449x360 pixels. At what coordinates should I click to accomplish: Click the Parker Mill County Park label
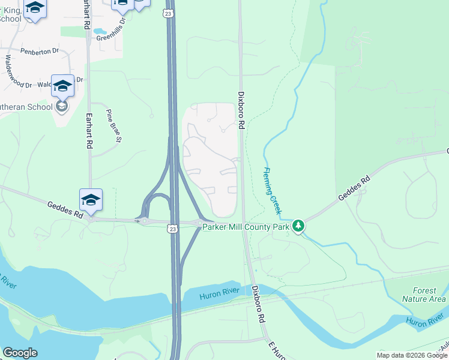tap(246, 226)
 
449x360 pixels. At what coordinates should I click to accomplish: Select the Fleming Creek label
tap(271, 190)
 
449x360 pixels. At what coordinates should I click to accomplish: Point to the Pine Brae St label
tap(113, 126)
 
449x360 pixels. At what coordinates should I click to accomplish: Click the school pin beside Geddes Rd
tap(91, 200)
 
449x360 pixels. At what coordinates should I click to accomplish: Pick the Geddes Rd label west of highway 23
tap(65, 209)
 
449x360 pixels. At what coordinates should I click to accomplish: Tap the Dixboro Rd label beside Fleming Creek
tap(241, 110)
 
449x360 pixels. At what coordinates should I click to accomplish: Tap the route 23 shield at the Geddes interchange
tap(173, 229)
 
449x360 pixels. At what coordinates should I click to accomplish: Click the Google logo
tap(20, 352)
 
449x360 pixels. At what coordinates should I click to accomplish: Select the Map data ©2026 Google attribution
tap(411, 355)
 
